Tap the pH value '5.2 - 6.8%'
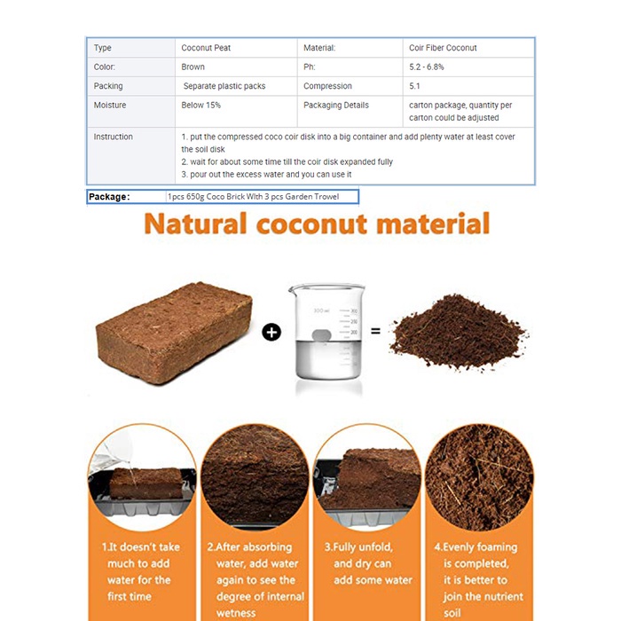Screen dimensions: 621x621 coord(426,67)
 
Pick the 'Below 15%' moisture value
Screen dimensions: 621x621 coord(200,105)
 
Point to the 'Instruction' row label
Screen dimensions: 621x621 coord(113,137)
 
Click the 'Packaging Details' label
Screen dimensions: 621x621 coord(336,105)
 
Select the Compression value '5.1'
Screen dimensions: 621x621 coord(414,86)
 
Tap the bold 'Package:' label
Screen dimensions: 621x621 coord(109,197)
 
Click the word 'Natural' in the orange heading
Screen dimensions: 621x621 coord(195,224)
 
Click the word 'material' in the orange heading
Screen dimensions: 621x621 coord(433,224)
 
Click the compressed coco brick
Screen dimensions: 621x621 coord(174,333)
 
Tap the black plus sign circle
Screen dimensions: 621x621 coord(271,333)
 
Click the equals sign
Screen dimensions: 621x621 coord(375,331)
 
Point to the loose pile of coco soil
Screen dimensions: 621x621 coord(459,332)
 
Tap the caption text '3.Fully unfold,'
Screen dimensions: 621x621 coord(358,547)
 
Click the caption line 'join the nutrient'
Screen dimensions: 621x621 coord(483,596)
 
